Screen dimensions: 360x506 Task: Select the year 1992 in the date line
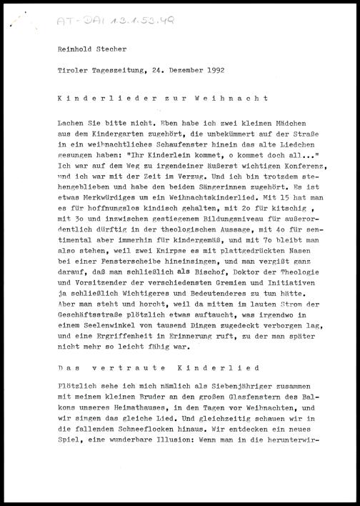(x=214, y=71)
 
